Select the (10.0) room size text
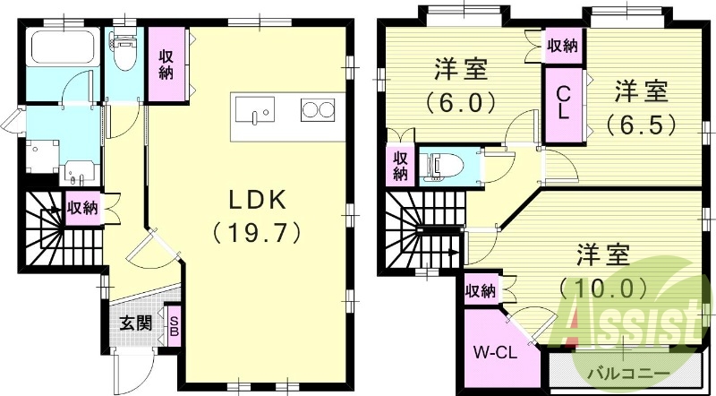point(601,288)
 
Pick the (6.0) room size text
point(463,102)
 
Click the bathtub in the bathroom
point(57,47)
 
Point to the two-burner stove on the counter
point(315,111)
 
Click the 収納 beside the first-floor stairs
point(83,208)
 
